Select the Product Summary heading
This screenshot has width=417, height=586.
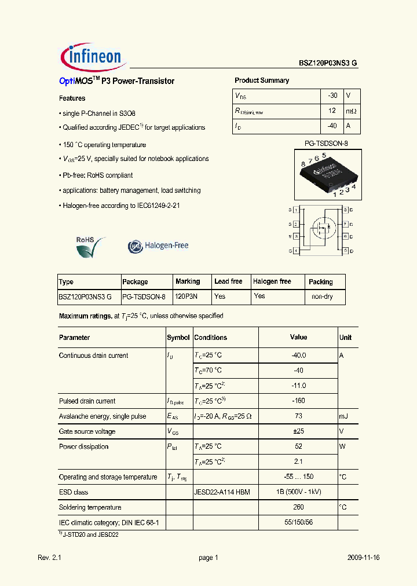pyautogui.click(x=262, y=80)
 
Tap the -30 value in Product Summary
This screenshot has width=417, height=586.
pyautogui.click(x=332, y=96)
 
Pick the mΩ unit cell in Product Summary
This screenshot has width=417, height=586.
pyautogui.click(x=351, y=111)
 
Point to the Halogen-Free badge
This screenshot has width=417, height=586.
pyautogui.click(x=158, y=246)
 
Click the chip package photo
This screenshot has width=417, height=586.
pyautogui.click(x=327, y=174)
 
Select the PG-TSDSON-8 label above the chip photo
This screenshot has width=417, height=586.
pyautogui.click(x=326, y=143)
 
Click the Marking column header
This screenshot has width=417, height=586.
pyautogui.click(x=188, y=281)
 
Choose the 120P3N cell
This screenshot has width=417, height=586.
pyautogui.click(x=186, y=296)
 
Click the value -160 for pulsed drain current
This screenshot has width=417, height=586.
pyautogui.click(x=298, y=401)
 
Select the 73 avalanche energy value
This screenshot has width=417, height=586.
pyautogui.click(x=298, y=416)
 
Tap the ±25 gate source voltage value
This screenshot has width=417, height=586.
pyautogui.click(x=298, y=431)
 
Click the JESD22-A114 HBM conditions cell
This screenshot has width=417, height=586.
pyautogui.click(x=222, y=492)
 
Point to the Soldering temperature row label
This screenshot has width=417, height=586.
pyautogui.click(x=90, y=507)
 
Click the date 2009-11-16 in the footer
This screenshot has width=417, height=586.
pyautogui.click(x=364, y=558)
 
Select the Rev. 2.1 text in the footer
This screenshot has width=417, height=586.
pyautogui.click(x=49, y=558)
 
